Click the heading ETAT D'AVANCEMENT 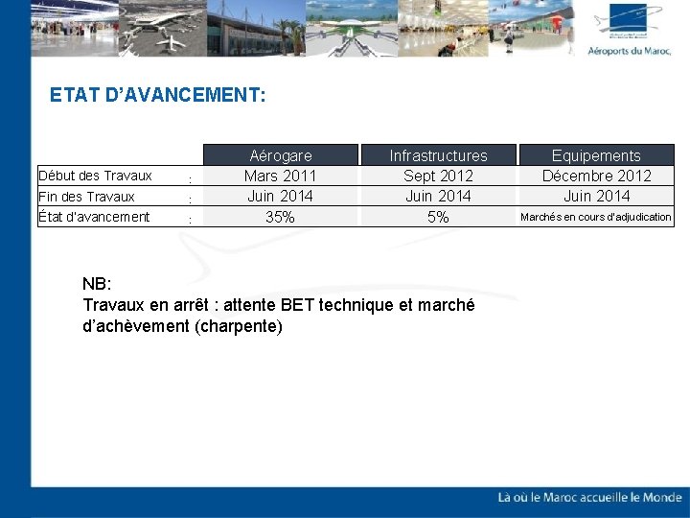click(157, 96)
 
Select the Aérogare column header click(280, 155)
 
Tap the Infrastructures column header click(438, 155)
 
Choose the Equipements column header click(595, 155)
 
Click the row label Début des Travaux click(95, 176)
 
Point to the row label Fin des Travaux click(86, 197)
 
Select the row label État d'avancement click(94, 217)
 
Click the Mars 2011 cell click(280, 176)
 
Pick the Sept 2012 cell click(438, 176)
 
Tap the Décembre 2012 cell click(595, 176)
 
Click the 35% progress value click(280, 218)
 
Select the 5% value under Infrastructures click(438, 218)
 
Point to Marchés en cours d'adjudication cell click(595, 218)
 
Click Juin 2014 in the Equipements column click(595, 197)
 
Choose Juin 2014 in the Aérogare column click(280, 197)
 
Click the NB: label click(98, 285)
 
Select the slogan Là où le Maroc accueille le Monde click(589, 497)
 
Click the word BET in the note click(299, 305)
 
